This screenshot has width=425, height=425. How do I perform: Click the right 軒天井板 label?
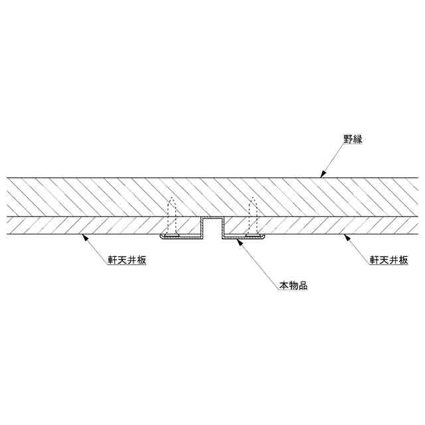click(x=388, y=260)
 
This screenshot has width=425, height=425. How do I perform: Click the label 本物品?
click(x=293, y=287)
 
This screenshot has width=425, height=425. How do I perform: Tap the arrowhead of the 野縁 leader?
click(x=321, y=177)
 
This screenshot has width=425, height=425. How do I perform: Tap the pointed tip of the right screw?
click(x=252, y=199)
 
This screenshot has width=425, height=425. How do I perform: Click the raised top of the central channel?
click(x=212, y=218)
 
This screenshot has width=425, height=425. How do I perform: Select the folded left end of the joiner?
click(x=161, y=236)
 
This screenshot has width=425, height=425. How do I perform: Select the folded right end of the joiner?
click(x=264, y=236)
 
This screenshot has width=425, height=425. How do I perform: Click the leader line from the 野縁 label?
click(x=334, y=159)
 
